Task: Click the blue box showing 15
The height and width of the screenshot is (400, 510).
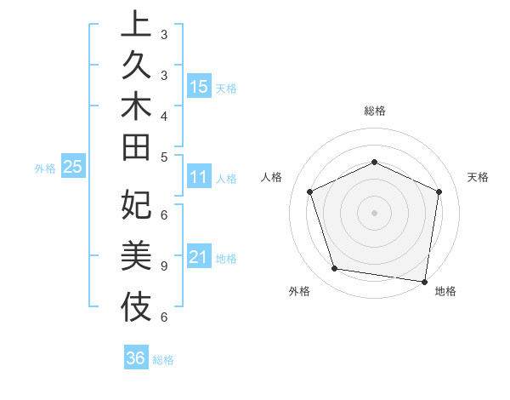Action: pyautogui.click(x=199, y=86)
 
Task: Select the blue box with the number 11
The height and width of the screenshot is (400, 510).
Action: pyautogui.click(x=199, y=177)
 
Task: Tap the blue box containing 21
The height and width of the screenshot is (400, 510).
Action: pyautogui.click(x=199, y=257)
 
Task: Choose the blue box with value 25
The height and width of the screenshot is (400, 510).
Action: pyautogui.click(x=73, y=167)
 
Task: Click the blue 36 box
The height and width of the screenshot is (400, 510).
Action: pyautogui.click(x=136, y=358)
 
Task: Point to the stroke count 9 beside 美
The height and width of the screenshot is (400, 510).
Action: pyautogui.click(x=163, y=266)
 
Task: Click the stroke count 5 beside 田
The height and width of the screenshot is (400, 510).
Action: pyautogui.click(x=163, y=157)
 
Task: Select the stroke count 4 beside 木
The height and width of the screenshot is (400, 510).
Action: pyautogui.click(x=163, y=115)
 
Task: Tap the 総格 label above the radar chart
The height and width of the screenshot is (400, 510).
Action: pyautogui.click(x=374, y=111)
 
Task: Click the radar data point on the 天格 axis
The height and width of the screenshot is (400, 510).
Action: pyautogui.click(x=439, y=191)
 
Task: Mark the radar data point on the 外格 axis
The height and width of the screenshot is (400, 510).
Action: pyautogui.click(x=335, y=269)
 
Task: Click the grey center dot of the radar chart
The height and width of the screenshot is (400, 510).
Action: pyautogui.click(x=374, y=212)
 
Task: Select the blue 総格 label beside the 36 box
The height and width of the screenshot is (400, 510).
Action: pyautogui.click(x=163, y=360)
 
